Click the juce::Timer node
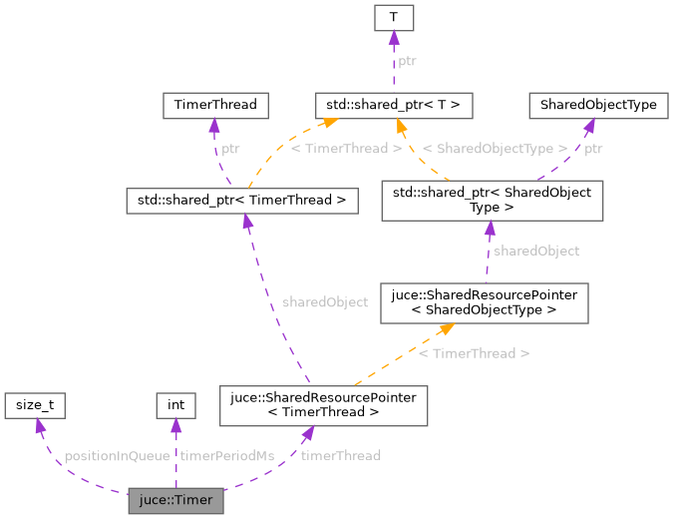175,500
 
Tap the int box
175,405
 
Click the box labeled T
393,18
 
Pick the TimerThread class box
215,104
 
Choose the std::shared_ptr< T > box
393,104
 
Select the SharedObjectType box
591,104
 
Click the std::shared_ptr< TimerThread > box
241,201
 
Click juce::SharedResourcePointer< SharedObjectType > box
491,302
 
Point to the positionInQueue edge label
117,456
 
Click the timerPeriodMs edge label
226,456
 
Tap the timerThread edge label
341,456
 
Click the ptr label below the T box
407,62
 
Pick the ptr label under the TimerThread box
230,149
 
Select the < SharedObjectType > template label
495,149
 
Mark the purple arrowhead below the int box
175,426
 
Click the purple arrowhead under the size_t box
39,426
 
